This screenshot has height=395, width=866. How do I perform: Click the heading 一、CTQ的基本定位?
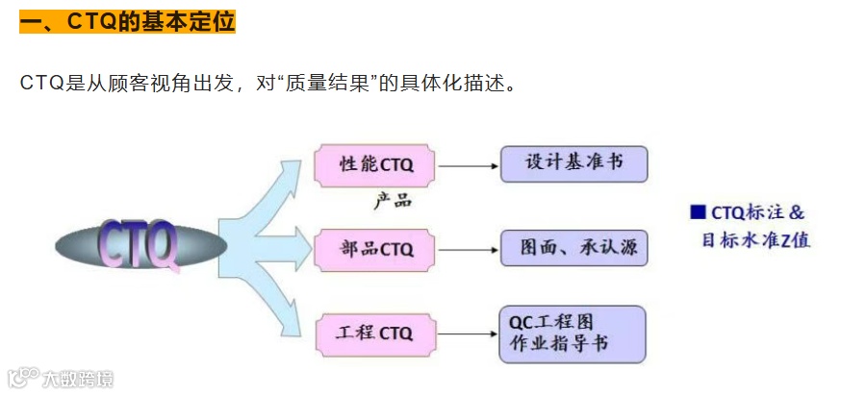tap(127, 21)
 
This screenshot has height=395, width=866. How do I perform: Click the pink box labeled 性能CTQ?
tap(376, 164)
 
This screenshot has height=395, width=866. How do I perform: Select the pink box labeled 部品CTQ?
tap(376, 249)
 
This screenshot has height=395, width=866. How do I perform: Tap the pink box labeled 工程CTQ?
tap(376, 333)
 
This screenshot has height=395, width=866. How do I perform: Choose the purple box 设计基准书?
tap(573, 163)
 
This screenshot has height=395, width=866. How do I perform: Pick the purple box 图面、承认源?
tap(573, 248)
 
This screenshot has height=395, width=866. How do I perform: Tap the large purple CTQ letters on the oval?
tap(140, 245)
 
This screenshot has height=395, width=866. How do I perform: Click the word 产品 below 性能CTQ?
tap(392, 201)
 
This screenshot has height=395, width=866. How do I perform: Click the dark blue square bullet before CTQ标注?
tap(698, 212)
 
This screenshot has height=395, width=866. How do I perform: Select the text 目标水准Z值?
tap(755, 240)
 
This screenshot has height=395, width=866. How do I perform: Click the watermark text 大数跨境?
tap(77, 378)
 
